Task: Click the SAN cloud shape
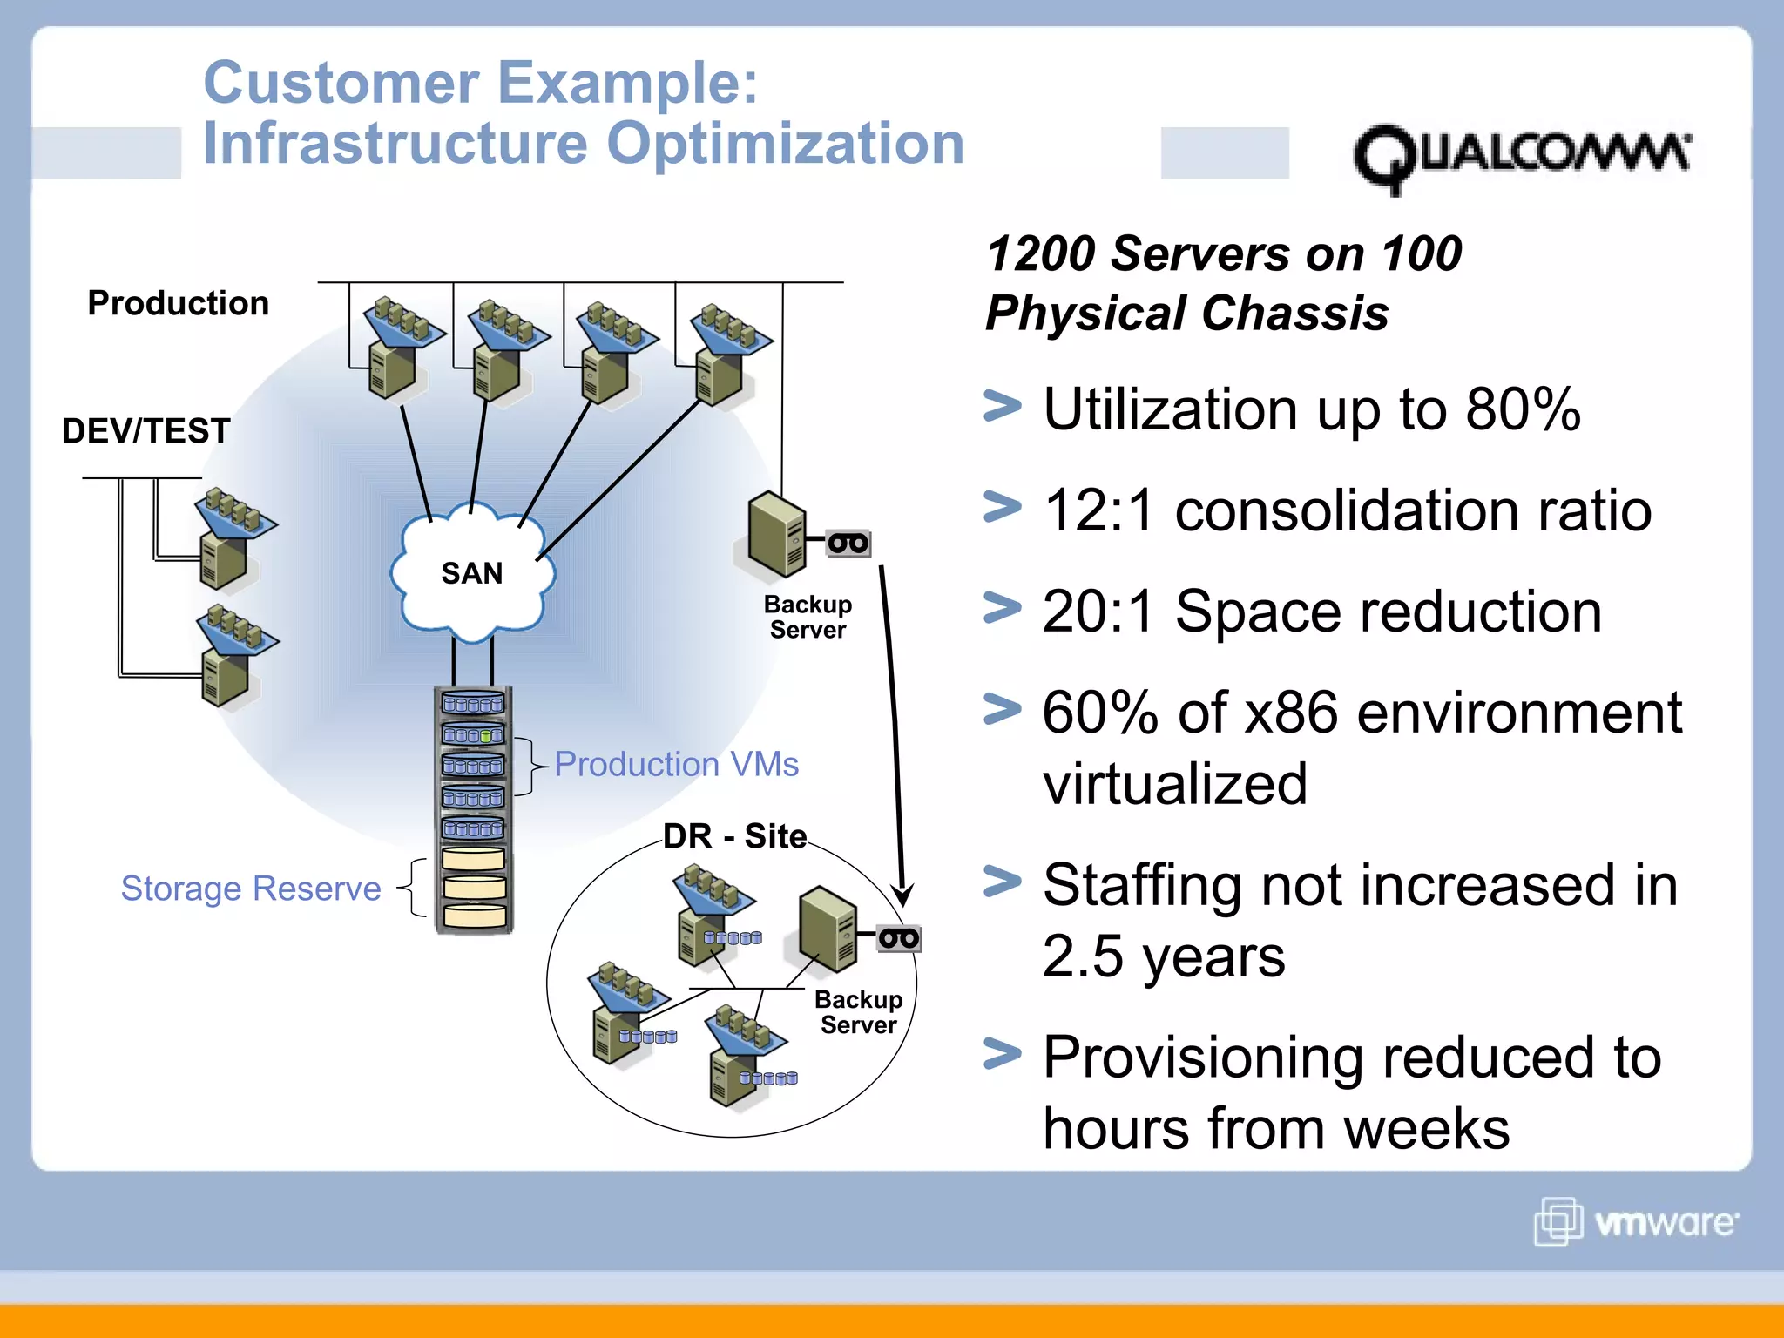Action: (471, 573)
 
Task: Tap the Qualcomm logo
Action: (1520, 158)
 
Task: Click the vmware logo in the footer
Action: (1636, 1221)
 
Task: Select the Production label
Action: (179, 303)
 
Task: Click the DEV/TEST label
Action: (145, 430)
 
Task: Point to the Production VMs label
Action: (676, 764)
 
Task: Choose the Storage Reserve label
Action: (251, 889)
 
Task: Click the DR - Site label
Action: (734, 836)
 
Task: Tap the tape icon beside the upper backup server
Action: (848, 544)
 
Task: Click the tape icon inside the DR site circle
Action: (898, 939)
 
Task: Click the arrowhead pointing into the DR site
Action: (903, 895)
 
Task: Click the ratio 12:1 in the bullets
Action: (1098, 510)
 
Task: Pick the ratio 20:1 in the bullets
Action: (1098, 612)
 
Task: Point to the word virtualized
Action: (1175, 784)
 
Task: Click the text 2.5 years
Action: (1163, 956)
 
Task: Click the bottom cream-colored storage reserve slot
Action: (473, 916)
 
